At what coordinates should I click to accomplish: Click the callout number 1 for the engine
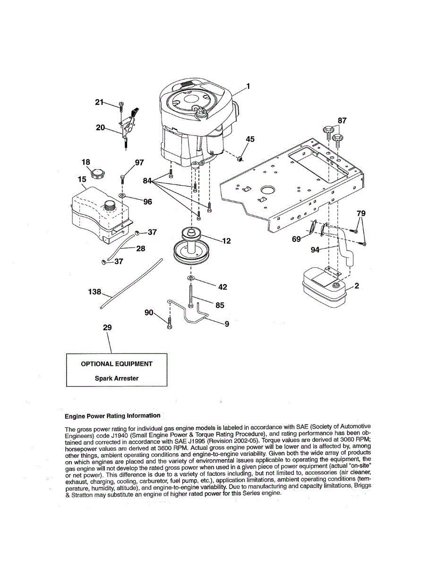click(x=248, y=86)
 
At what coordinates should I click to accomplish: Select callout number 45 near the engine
click(x=250, y=139)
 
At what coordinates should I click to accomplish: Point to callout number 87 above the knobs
click(x=342, y=121)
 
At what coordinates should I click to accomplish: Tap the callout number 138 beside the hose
click(x=95, y=292)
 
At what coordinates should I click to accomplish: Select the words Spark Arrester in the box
click(x=117, y=378)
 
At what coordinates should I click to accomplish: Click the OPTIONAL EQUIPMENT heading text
click(x=117, y=364)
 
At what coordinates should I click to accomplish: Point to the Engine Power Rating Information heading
click(x=112, y=416)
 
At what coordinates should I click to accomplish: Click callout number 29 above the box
click(x=107, y=327)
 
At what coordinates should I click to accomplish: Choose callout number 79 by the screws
click(x=361, y=214)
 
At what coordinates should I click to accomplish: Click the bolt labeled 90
click(x=170, y=325)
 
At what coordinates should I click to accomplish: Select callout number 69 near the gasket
click(x=297, y=240)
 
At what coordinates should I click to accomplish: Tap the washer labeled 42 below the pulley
click(x=190, y=280)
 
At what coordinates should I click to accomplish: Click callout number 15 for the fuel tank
click(x=82, y=180)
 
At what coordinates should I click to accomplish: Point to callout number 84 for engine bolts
click(x=148, y=180)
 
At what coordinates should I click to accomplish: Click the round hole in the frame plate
click(x=267, y=190)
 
